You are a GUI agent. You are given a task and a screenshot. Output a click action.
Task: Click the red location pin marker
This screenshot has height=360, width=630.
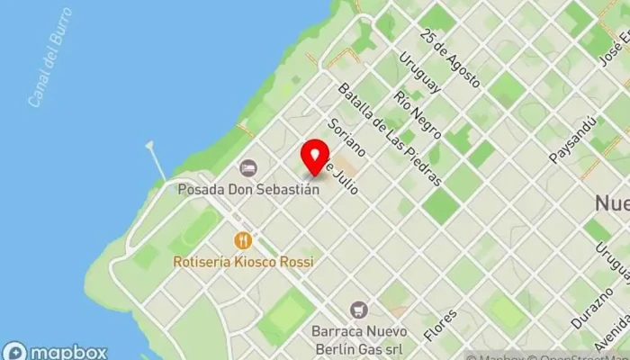click(x=314, y=158)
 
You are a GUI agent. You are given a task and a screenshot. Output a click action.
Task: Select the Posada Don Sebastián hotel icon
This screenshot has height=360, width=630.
click(x=247, y=168)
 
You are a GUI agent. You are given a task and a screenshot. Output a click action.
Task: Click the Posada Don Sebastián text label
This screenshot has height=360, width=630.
click(x=248, y=190)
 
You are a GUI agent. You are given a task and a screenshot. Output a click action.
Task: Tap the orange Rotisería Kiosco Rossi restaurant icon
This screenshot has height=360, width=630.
click(x=242, y=240)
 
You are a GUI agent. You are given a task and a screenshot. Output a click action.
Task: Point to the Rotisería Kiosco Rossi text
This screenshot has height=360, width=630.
click(x=244, y=262)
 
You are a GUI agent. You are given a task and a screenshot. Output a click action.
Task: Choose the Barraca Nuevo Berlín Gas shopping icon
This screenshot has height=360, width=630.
click(x=359, y=310)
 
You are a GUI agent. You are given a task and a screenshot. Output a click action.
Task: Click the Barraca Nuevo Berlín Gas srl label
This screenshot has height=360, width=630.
click(x=358, y=338)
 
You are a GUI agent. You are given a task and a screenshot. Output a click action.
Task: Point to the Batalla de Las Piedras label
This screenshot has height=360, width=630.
click(x=389, y=134)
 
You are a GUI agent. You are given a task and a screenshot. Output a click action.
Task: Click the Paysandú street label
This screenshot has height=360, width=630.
click(x=572, y=139)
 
